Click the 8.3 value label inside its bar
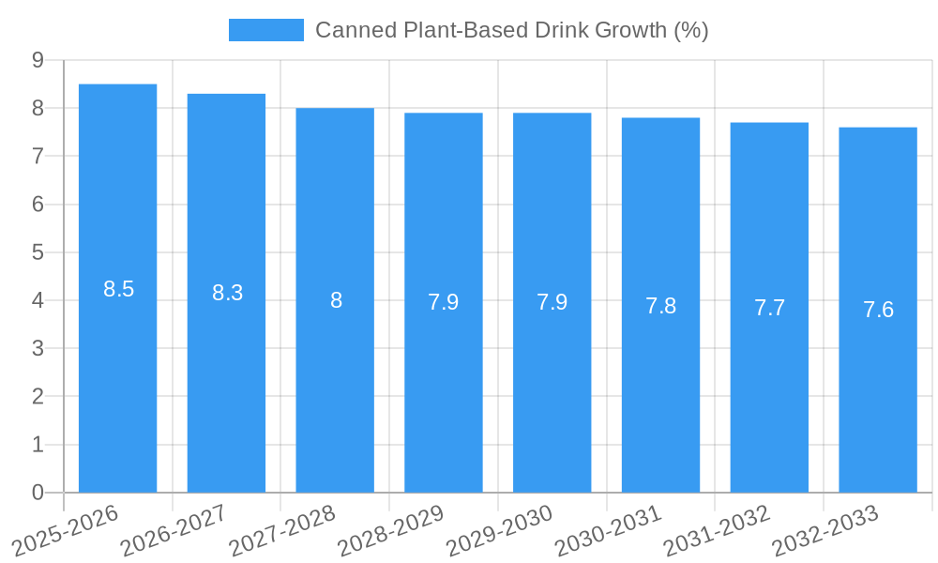[x=227, y=293]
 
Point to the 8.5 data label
[x=119, y=289]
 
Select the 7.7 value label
[x=769, y=308]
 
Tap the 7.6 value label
[x=878, y=310]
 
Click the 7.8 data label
[x=660, y=306]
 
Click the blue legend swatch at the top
[x=266, y=30]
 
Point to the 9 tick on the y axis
[x=38, y=60]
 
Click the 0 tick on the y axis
[x=38, y=493]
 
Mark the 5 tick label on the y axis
[x=38, y=252]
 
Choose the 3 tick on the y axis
[x=38, y=348]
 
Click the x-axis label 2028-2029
[x=390, y=529]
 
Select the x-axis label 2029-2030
[x=499, y=529]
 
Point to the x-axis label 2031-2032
[x=717, y=529]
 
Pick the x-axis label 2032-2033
[x=825, y=529]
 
